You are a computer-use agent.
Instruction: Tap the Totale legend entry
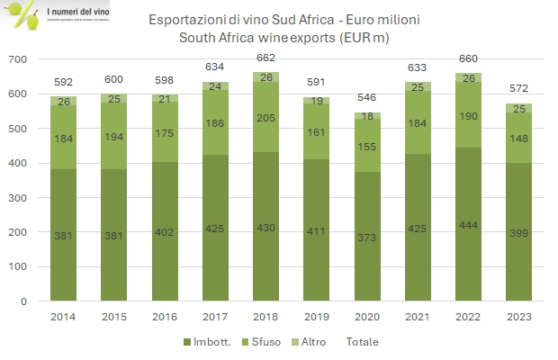[x=362, y=342]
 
